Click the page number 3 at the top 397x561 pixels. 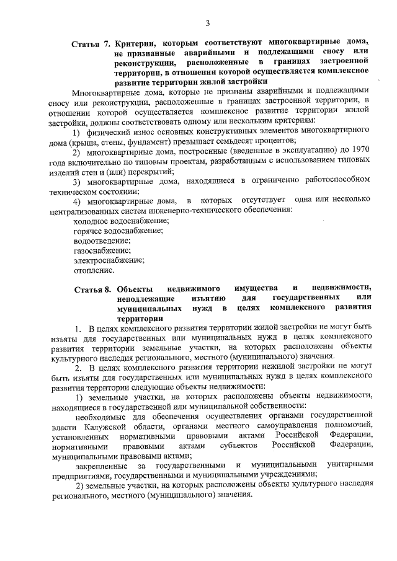[208, 24]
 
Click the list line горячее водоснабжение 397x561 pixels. [118, 230]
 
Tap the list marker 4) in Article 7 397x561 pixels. [77, 200]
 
